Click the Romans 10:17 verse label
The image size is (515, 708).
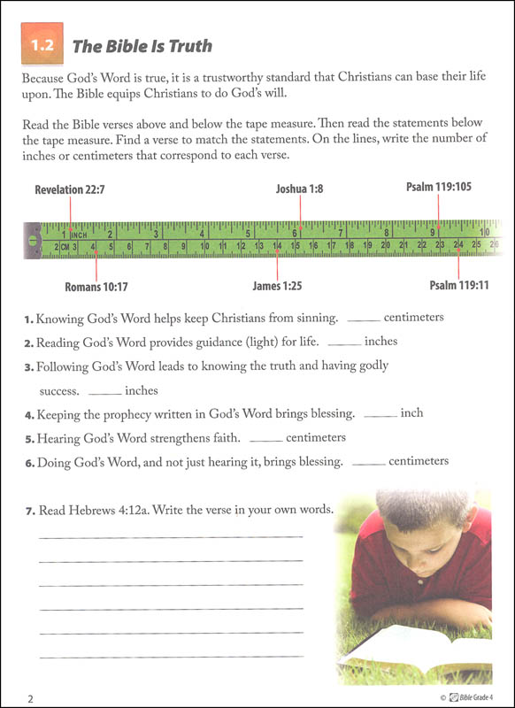(x=96, y=287)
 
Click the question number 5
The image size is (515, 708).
(x=28, y=439)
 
